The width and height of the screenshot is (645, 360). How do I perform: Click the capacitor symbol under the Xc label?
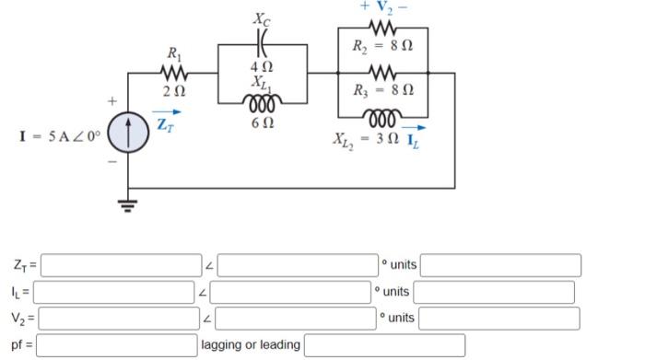261,46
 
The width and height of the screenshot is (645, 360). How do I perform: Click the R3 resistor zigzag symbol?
382,72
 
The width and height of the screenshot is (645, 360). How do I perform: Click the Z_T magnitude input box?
120,265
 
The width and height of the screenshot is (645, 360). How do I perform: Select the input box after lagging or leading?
384,345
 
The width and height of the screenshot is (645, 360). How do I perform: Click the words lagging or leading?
252,345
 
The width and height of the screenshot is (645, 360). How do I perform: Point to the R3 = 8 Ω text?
382,90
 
